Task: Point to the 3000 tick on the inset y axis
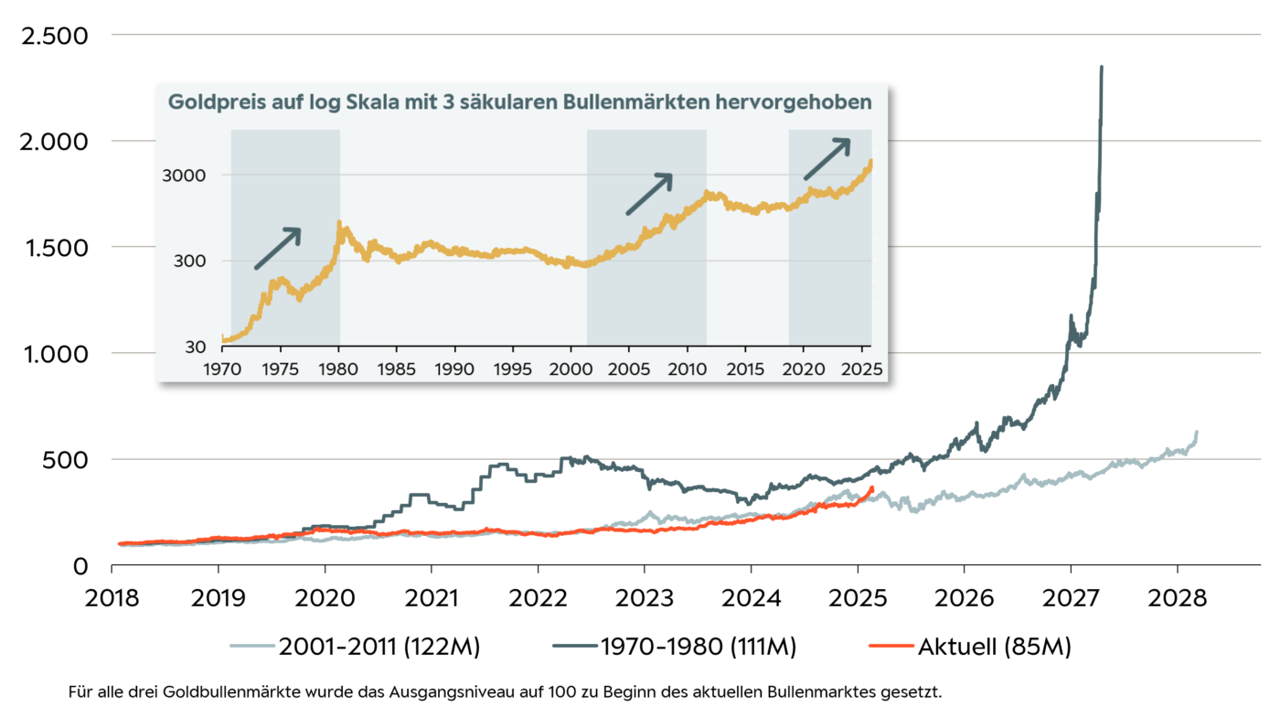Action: pyautogui.click(x=188, y=176)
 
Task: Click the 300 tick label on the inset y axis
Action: pyautogui.click(x=193, y=262)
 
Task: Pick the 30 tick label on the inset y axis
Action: pyautogui.click(x=197, y=348)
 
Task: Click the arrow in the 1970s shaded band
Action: pyautogui.click(x=278, y=248)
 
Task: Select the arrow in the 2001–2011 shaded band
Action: pyautogui.click(x=649, y=194)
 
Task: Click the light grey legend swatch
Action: pyautogui.click(x=252, y=646)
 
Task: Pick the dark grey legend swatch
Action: pyautogui.click(x=575, y=646)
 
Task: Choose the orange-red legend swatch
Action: pyautogui.click(x=891, y=646)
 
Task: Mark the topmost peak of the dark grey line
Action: pyautogui.click(x=1102, y=67)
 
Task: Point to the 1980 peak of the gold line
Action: pyautogui.click(x=340, y=222)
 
